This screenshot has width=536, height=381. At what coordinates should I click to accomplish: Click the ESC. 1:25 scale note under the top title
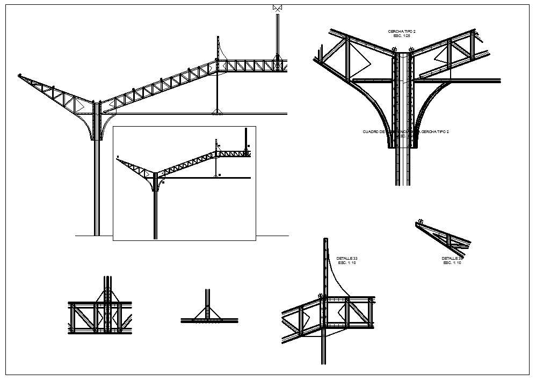point(402,36)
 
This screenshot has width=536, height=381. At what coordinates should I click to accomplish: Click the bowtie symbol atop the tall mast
point(278,8)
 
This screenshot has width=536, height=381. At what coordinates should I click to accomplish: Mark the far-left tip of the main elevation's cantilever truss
point(20,76)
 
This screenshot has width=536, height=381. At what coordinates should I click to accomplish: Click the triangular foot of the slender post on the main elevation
point(217,112)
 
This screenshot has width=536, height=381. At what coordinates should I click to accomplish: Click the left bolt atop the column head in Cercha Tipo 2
point(396,50)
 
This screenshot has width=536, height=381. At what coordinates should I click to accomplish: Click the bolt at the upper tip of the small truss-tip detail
point(421,222)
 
